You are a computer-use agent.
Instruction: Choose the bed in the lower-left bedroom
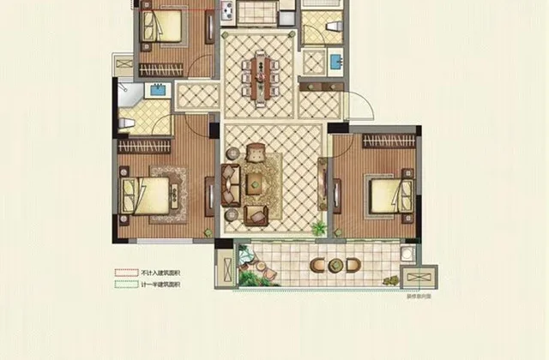click(146, 192)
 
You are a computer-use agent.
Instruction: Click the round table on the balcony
click(329, 263)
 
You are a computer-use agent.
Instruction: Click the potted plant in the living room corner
click(319, 228)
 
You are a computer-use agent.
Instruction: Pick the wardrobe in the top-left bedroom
click(167, 66)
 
